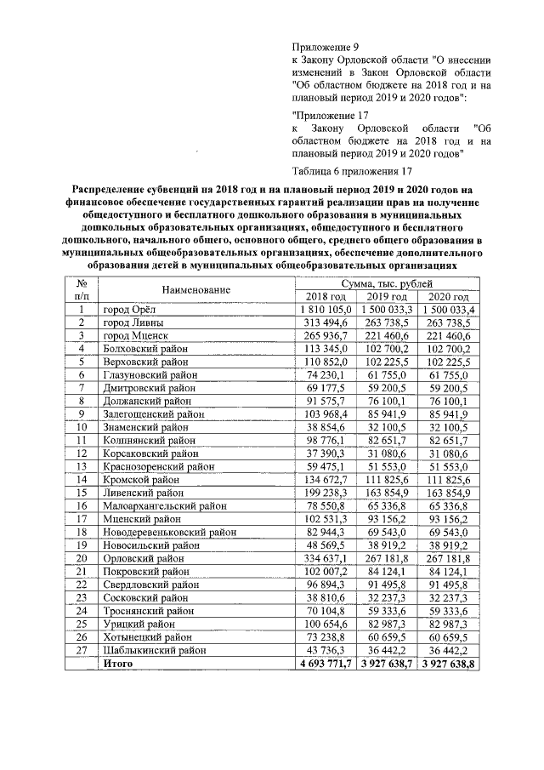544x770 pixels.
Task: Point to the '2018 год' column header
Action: click(x=316, y=296)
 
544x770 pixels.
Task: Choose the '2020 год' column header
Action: click(x=447, y=296)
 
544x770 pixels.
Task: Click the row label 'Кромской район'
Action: click(x=142, y=479)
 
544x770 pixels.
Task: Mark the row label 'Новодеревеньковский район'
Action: click(x=169, y=532)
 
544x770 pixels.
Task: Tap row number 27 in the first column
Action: click(x=82, y=650)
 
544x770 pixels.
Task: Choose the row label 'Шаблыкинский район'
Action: click(x=154, y=650)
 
